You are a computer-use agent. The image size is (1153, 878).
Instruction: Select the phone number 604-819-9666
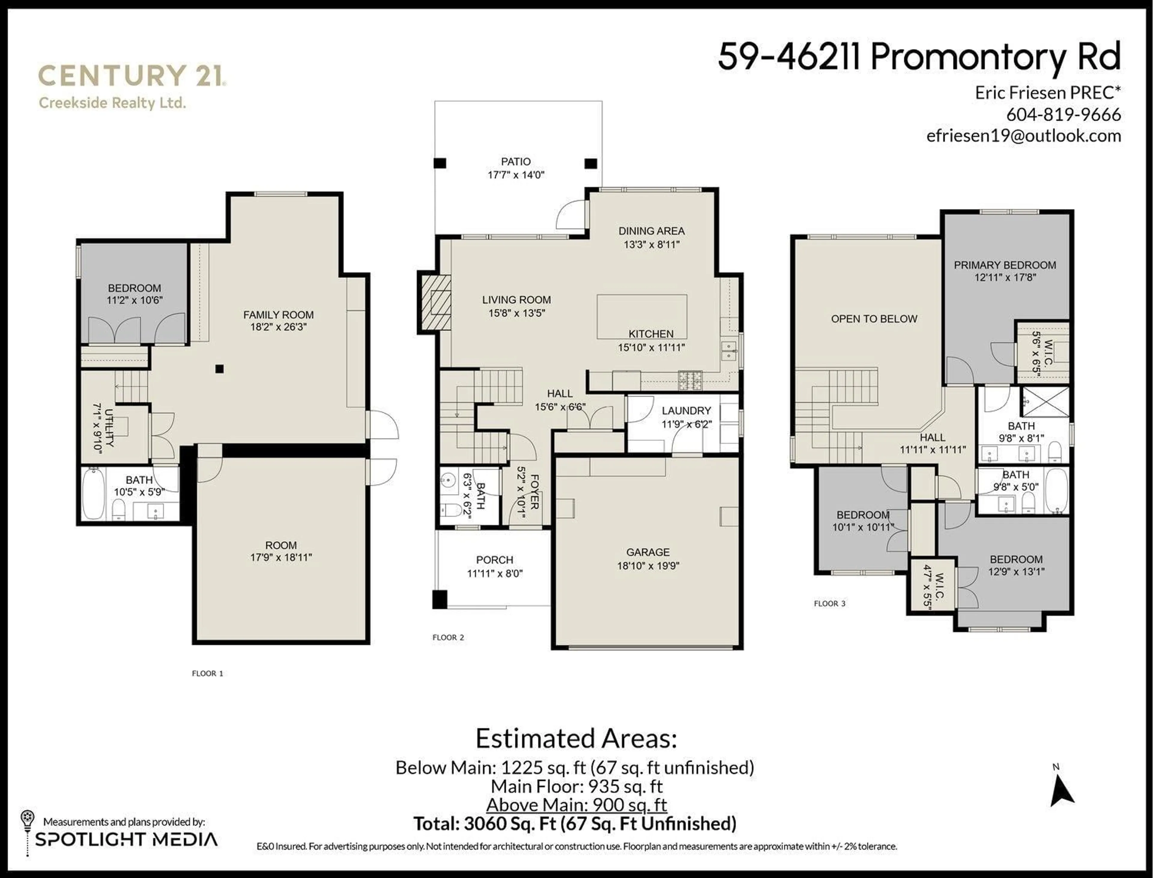pyautogui.click(x=1063, y=114)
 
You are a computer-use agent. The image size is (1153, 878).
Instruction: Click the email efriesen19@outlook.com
pyautogui.click(x=1023, y=136)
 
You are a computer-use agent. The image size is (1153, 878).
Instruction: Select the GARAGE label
pyautogui.click(x=648, y=552)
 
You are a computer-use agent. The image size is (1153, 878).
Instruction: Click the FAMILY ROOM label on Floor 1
pyautogui.click(x=278, y=315)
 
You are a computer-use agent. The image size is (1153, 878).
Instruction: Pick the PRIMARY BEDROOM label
pyautogui.click(x=1005, y=265)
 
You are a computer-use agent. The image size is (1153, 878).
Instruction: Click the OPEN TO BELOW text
pyautogui.click(x=874, y=319)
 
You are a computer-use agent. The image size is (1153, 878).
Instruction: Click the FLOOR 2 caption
pyautogui.click(x=448, y=637)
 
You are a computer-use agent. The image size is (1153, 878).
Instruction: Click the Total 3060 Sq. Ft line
pyautogui.click(x=575, y=824)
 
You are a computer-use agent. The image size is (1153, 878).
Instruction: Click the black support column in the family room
pyautogui.click(x=219, y=369)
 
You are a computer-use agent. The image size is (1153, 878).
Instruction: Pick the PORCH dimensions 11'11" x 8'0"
pyautogui.click(x=495, y=573)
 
